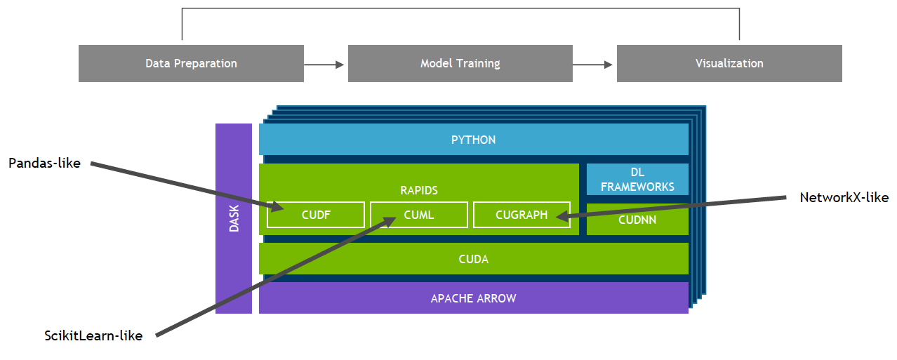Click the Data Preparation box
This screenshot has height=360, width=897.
(191, 63)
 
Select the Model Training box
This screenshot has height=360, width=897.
(460, 63)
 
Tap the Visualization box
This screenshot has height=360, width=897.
(729, 63)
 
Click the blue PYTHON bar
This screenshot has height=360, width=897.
(474, 140)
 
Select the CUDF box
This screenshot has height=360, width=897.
(316, 215)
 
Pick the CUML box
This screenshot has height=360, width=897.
(419, 215)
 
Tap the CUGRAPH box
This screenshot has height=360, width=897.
(521, 215)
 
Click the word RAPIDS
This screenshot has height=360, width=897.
(419, 190)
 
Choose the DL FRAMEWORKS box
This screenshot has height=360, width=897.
(637, 180)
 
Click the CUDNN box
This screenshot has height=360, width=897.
(637, 220)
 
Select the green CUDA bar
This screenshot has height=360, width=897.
(474, 259)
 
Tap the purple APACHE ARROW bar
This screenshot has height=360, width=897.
(474, 298)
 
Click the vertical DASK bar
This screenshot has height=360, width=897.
(234, 218)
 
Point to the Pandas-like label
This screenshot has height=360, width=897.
(45, 164)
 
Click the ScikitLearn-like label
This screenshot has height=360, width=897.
(93, 336)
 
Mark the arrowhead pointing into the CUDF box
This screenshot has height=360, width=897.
(277, 206)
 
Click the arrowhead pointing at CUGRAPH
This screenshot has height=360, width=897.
(561, 217)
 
